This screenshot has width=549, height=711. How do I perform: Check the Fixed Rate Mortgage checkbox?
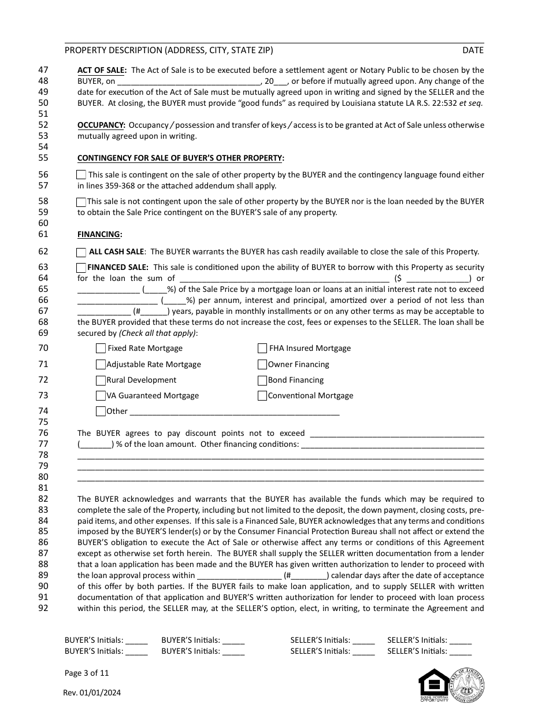[x=101, y=349]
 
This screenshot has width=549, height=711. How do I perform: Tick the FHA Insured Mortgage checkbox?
[x=262, y=349]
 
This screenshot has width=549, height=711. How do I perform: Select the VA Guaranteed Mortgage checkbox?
[x=101, y=396]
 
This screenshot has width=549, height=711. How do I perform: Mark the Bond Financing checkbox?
[x=262, y=380]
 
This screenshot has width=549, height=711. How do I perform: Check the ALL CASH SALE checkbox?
[x=81, y=252]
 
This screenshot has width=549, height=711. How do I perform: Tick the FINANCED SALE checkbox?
[x=81, y=268]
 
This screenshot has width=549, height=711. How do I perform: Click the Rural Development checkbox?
[x=101, y=380]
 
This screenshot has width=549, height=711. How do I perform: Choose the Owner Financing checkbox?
[x=262, y=365]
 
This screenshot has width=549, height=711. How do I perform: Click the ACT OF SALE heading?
[x=102, y=70]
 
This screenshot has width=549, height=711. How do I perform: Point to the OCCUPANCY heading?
[x=101, y=125]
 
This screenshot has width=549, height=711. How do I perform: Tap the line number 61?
[x=43, y=234]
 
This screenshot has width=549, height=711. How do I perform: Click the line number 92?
[x=43, y=608]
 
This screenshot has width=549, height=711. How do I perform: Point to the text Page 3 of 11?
[x=87, y=673]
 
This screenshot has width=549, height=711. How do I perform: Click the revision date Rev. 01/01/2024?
[x=92, y=693]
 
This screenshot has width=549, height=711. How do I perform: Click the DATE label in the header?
[x=473, y=50]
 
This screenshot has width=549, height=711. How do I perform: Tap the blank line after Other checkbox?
[x=234, y=412]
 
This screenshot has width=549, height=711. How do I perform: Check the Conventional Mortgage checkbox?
[x=262, y=396]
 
